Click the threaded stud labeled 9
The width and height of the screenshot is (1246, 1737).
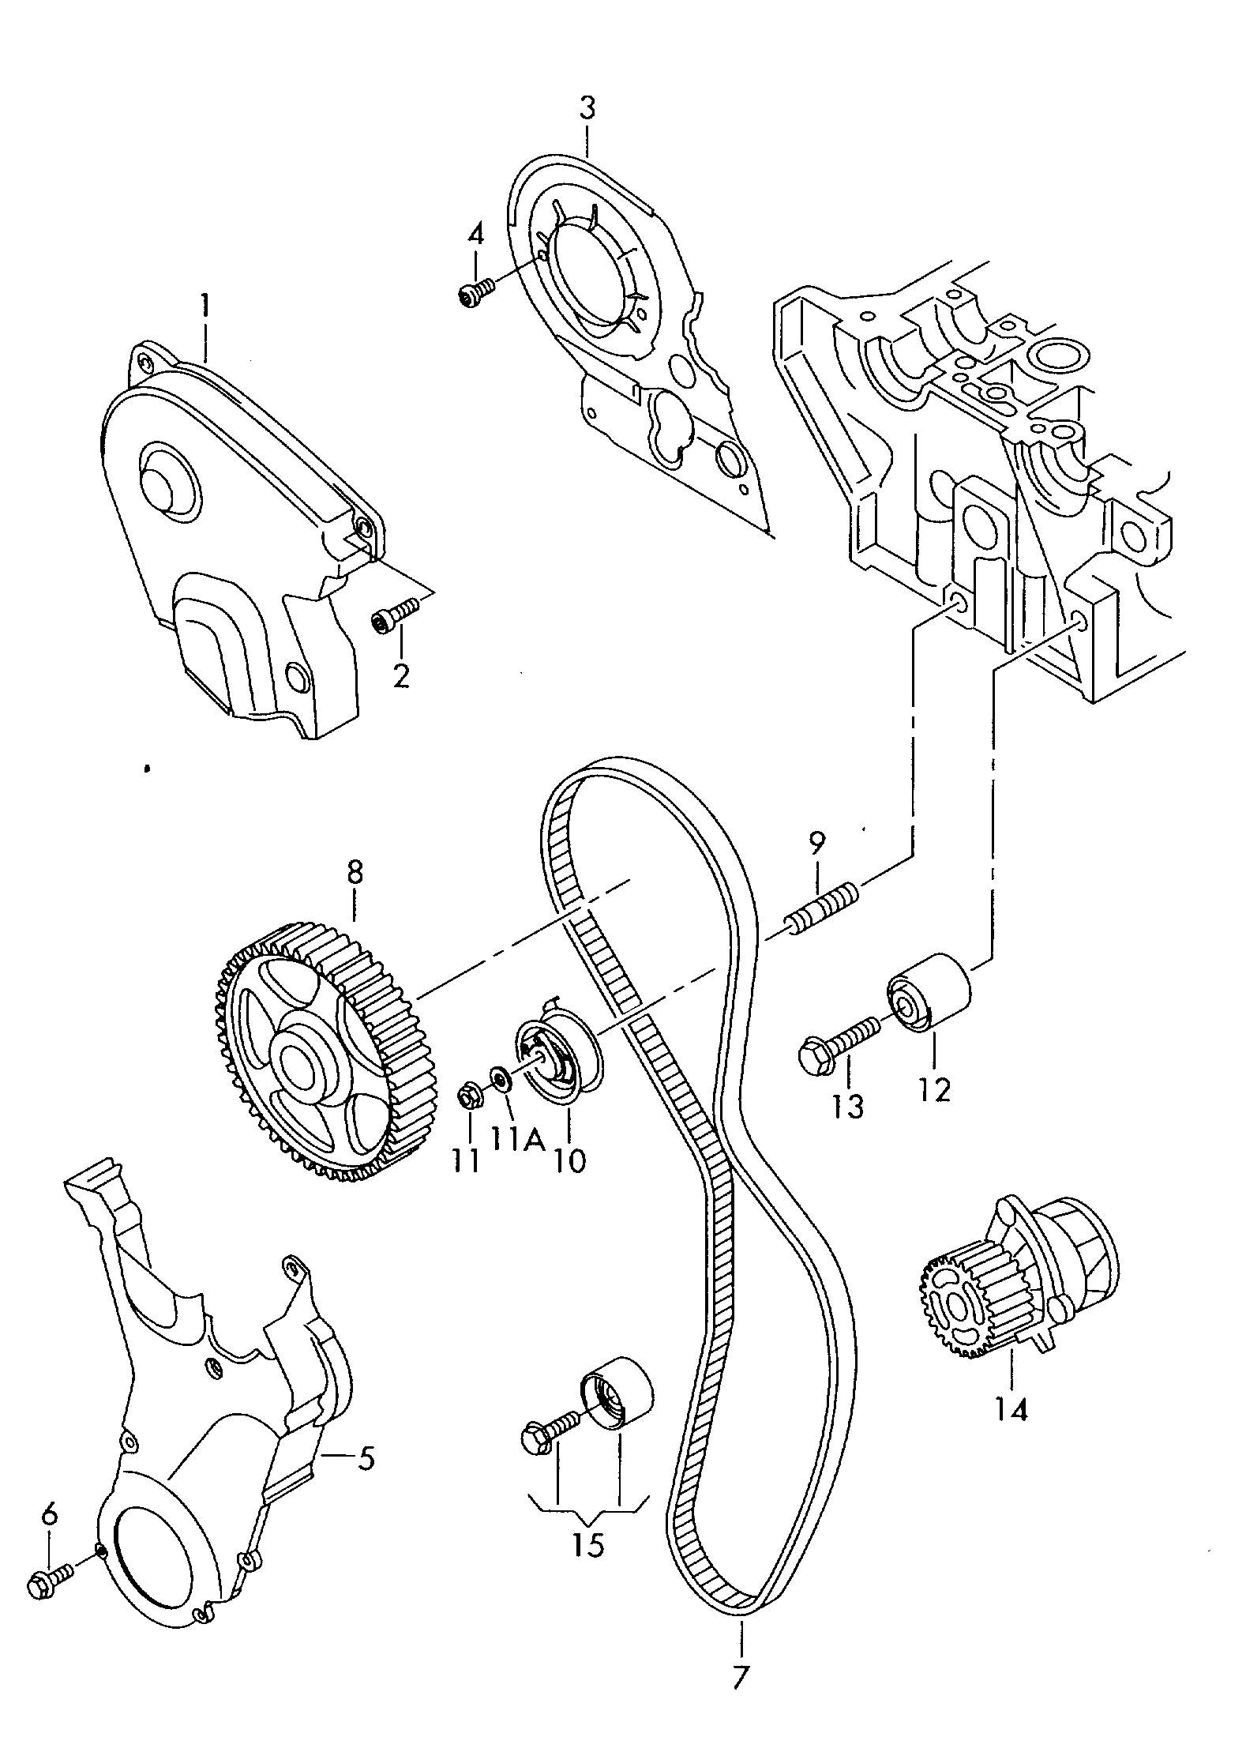click(x=821, y=908)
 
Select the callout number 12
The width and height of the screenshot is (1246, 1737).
click(x=934, y=1090)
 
